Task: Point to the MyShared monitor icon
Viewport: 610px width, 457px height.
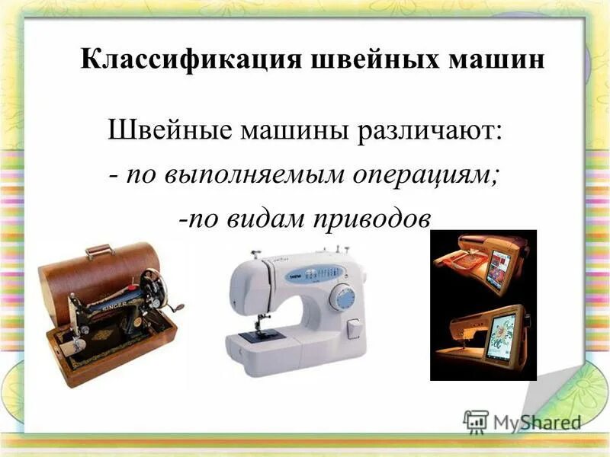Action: point(476,422)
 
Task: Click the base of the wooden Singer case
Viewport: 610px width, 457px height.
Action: point(114,358)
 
